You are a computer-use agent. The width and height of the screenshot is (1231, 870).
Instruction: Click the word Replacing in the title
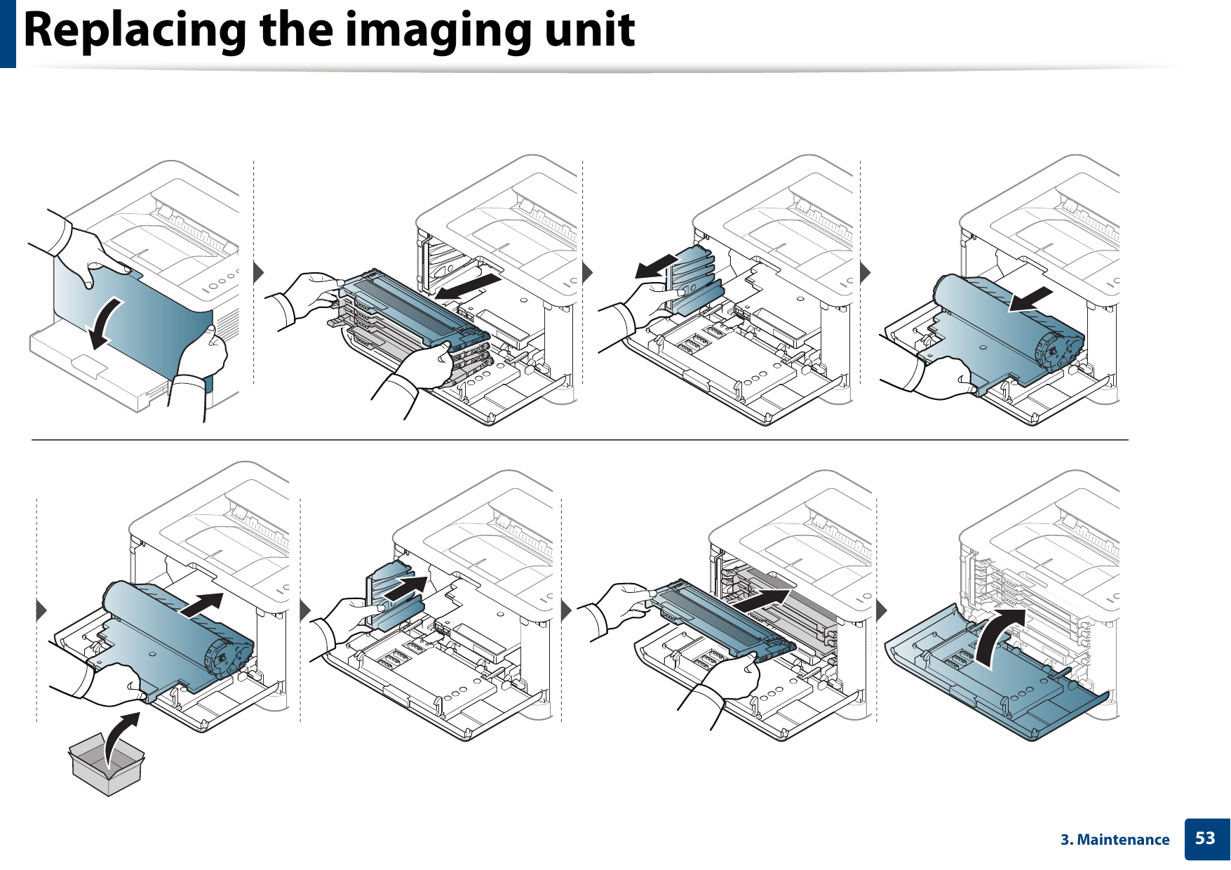click(x=133, y=31)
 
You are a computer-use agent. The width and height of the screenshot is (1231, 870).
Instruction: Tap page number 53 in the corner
click(x=1205, y=838)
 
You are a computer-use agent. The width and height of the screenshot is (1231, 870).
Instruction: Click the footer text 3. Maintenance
click(x=1115, y=840)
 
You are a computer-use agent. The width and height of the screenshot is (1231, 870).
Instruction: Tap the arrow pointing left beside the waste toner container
click(x=655, y=267)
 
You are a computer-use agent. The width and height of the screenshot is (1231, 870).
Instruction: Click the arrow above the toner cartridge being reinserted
click(x=761, y=601)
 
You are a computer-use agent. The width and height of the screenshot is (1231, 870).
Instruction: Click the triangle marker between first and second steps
click(x=259, y=272)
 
